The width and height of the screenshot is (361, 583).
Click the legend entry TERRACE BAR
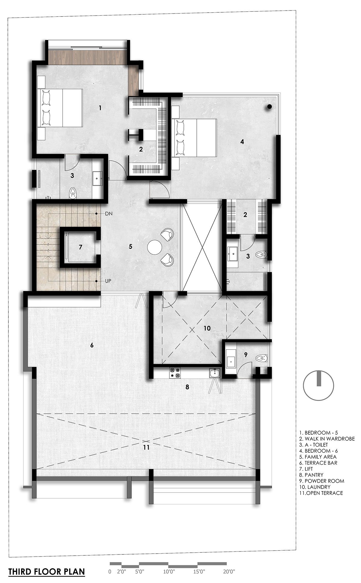[318, 463]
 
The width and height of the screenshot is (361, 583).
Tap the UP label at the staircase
[108, 281]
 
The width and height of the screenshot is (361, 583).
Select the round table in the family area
[155, 247]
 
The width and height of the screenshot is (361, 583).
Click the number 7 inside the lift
[80, 247]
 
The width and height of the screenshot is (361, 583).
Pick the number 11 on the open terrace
[146, 448]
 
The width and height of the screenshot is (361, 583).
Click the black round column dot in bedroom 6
[270, 106]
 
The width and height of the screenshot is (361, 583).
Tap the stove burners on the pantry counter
[175, 373]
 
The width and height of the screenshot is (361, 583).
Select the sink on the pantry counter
[215, 373]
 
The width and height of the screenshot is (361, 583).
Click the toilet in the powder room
[261, 358]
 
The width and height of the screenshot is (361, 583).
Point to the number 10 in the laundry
[207, 328]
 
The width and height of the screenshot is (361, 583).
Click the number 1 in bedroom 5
[100, 108]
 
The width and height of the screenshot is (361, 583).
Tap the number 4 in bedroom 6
[242, 142]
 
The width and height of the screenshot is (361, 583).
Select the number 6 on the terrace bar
[92, 345]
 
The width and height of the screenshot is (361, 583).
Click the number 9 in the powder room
[245, 355]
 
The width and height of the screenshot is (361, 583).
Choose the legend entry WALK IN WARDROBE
[327, 439]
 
